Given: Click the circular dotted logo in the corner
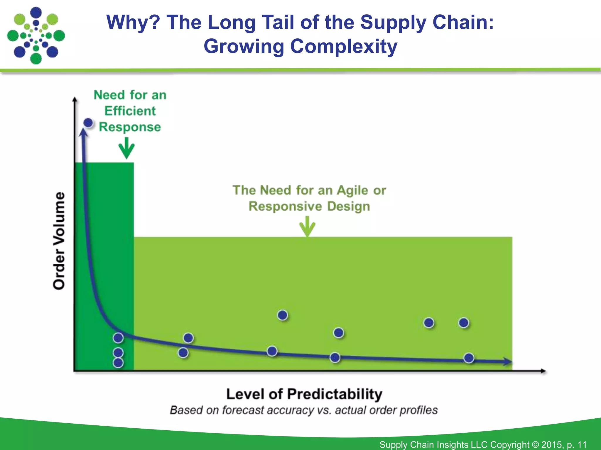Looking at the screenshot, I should pyautogui.click(x=36, y=36).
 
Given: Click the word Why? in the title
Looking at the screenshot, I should pyautogui.click(x=133, y=22).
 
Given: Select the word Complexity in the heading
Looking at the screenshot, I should pyautogui.click(x=344, y=46).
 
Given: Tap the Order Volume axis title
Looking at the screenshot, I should pyautogui.click(x=59, y=241).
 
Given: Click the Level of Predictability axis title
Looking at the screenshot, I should pyautogui.click(x=304, y=394).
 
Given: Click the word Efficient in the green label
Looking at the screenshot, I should pyautogui.click(x=130, y=111).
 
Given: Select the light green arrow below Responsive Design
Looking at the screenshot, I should pyautogui.click(x=307, y=226).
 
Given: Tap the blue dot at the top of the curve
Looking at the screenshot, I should pyautogui.click(x=88, y=123).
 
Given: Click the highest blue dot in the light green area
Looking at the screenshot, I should pyautogui.click(x=282, y=315).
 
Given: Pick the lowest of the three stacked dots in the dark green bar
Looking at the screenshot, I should pyautogui.click(x=118, y=363).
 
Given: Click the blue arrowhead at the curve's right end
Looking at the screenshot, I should pyautogui.click(x=507, y=362).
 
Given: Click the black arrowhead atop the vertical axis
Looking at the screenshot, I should pyautogui.click(x=75, y=100).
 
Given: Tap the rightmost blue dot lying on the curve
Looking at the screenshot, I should pyautogui.click(x=469, y=358).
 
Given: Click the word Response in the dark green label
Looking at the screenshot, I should pyautogui.click(x=130, y=127).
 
